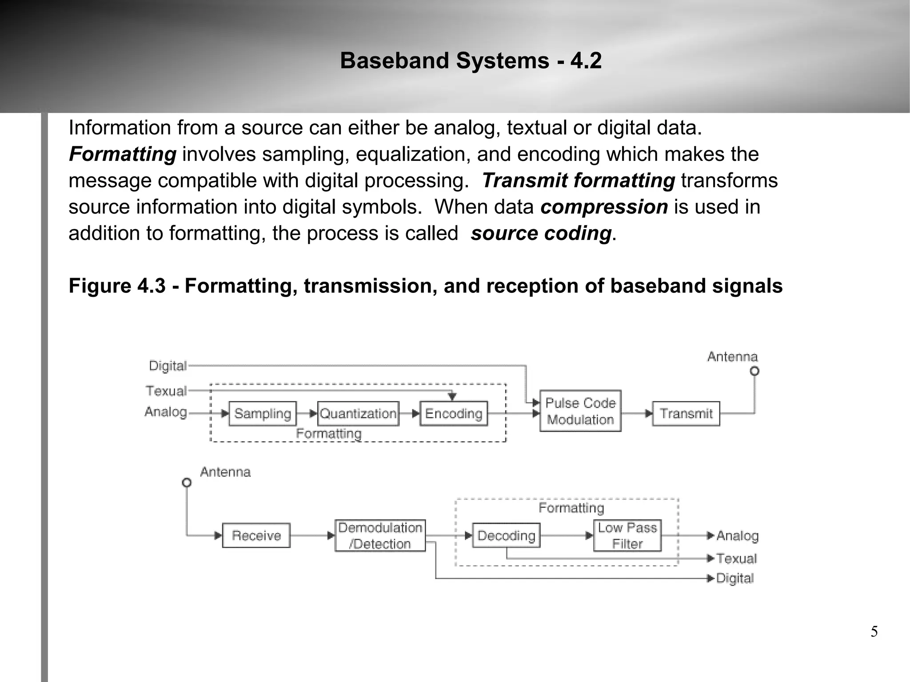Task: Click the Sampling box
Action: [262, 414]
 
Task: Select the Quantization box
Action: [358, 414]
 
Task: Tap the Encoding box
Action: [454, 414]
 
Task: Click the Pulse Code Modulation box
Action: [580, 411]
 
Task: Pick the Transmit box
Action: [686, 414]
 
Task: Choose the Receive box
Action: [256, 535]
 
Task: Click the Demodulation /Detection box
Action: [380, 535]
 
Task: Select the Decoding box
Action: [506, 535]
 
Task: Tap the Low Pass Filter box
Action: [627, 535]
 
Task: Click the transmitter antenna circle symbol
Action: [754, 371]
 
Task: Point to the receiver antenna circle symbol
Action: [187, 483]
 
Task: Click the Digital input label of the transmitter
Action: [168, 366]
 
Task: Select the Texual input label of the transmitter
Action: [166, 391]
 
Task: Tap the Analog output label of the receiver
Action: [737, 536]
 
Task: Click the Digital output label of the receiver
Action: [735, 578]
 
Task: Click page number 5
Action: [874, 632]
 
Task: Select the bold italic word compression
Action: [604, 207]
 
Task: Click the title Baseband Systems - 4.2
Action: [471, 60]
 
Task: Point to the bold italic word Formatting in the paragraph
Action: [123, 154]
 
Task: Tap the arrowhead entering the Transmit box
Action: [649, 414]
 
